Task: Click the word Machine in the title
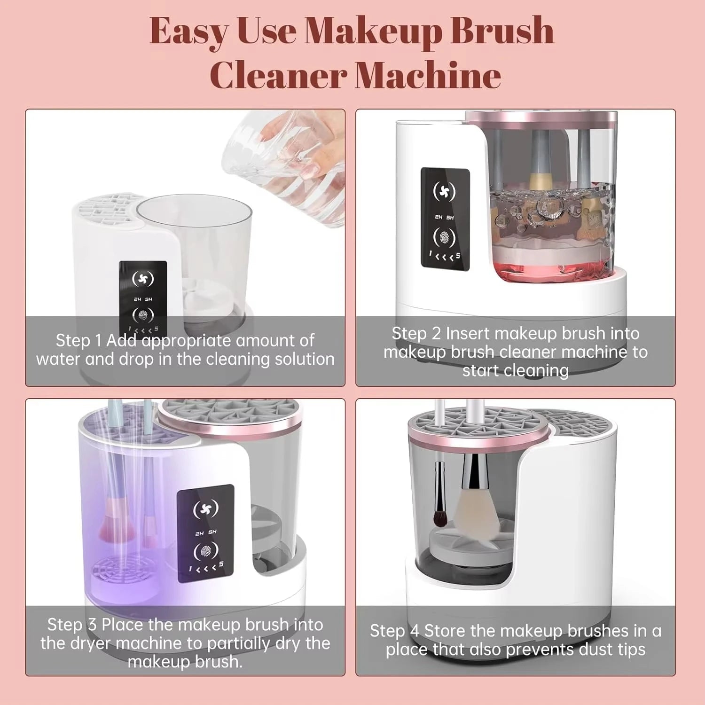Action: [428, 75]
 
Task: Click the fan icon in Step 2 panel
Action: [444, 191]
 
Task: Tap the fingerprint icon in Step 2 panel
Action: [444, 237]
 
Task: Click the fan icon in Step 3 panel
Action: [206, 509]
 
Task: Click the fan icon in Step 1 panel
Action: [143, 279]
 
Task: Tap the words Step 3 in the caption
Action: [72, 625]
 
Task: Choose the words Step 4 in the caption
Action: [394, 631]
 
